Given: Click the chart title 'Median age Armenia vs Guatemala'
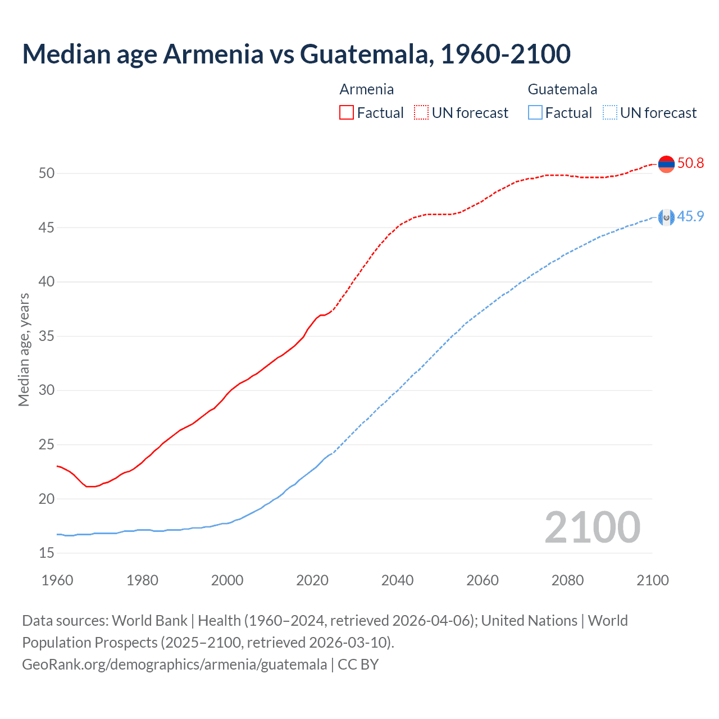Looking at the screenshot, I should click(296, 54).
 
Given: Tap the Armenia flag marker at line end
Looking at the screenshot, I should click(666, 164).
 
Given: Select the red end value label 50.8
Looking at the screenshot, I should click(690, 163).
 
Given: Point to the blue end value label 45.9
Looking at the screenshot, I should click(690, 217).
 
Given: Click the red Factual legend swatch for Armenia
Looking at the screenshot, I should click(347, 113).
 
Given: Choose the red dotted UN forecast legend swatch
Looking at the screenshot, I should click(421, 113).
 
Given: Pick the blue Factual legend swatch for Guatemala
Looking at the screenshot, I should click(535, 113).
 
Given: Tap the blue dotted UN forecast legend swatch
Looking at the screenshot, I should click(609, 113).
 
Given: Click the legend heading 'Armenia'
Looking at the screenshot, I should click(366, 89).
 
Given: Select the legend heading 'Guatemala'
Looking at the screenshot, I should click(562, 89).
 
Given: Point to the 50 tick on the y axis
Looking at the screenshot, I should click(47, 174).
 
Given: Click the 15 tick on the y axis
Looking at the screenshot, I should click(47, 553).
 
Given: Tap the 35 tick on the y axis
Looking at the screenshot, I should click(47, 336).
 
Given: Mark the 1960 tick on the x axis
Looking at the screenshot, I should click(57, 580).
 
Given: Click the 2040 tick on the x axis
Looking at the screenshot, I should click(397, 580).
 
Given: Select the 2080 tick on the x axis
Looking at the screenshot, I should click(567, 580).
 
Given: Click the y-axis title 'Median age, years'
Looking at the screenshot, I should click(24, 349).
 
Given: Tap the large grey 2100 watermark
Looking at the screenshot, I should click(592, 527).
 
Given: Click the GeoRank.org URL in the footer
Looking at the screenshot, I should click(174, 665).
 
